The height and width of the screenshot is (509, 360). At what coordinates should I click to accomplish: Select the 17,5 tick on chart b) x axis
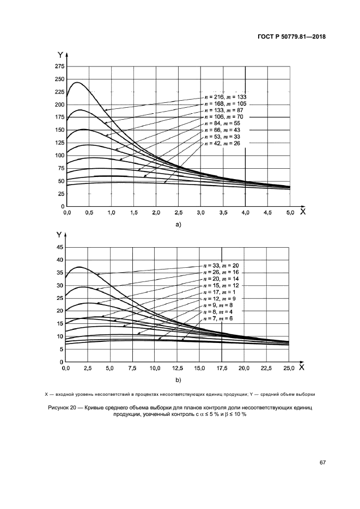coord(222,368)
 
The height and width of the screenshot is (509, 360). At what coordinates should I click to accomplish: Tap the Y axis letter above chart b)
coord(59,234)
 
